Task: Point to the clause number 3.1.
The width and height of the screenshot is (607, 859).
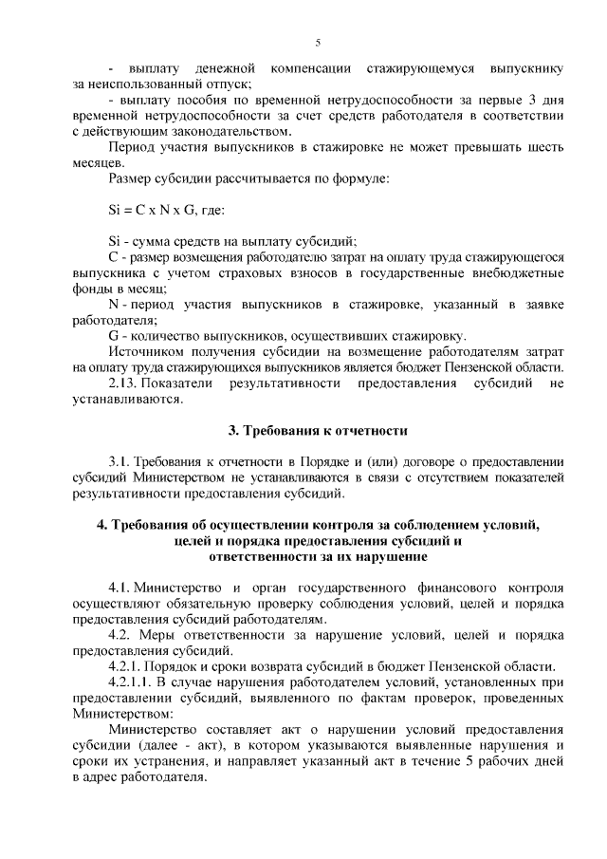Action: tap(122, 462)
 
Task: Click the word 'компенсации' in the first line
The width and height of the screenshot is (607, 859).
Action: tap(313, 69)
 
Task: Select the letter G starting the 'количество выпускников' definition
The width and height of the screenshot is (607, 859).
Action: tap(114, 336)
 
